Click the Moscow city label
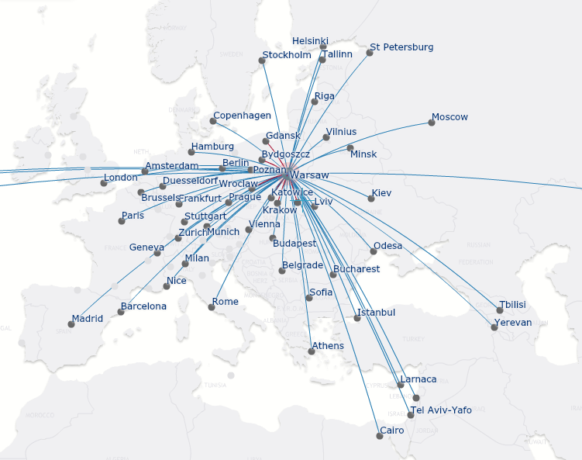(x=449, y=117)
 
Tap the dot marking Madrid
(x=71, y=324)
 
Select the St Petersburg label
(x=401, y=47)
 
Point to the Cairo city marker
(x=380, y=436)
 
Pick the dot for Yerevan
(x=494, y=327)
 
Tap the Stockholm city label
(x=287, y=55)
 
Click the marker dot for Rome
(x=212, y=307)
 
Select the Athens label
(x=328, y=346)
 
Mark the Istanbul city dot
(x=358, y=318)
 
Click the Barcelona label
(x=143, y=306)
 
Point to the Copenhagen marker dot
(x=213, y=121)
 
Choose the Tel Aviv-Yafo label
(x=441, y=410)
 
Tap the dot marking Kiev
(x=371, y=199)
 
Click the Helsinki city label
(x=310, y=40)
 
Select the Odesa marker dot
(x=374, y=251)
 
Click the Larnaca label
(x=418, y=379)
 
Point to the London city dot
(x=104, y=183)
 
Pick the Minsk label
(x=363, y=154)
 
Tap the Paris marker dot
(x=122, y=221)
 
